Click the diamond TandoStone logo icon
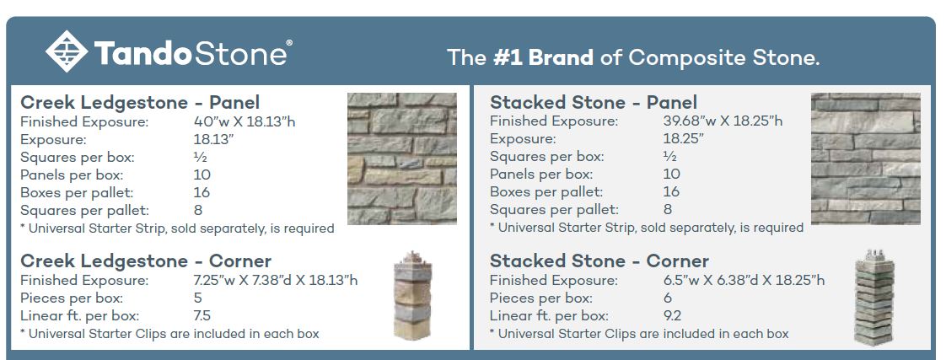pyautogui.click(x=67, y=51)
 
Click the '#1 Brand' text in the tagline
pyautogui.click(x=543, y=57)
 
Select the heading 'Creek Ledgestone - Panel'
pyautogui.click(x=140, y=103)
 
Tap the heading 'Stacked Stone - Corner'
pyautogui.click(x=599, y=261)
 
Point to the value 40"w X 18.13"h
pyautogui.click(x=245, y=121)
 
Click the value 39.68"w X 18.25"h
pyautogui.click(x=723, y=121)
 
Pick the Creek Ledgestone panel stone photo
pyautogui.click(x=402, y=159)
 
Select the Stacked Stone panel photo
pyautogui.click(x=866, y=159)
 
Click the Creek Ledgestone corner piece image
pyautogui.click(x=412, y=295)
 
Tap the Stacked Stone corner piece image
pyautogui.click(x=874, y=298)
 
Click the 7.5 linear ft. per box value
pyautogui.click(x=202, y=315)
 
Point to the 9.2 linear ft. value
pyautogui.click(x=673, y=315)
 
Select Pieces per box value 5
pyautogui.click(x=198, y=298)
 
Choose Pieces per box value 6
pyautogui.click(x=667, y=298)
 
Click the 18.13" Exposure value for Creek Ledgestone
pyautogui.click(x=214, y=139)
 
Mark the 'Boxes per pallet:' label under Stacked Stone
pyautogui.click(x=546, y=191)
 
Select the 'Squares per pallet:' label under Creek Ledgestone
pyautogui.click(x=84, y=211)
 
